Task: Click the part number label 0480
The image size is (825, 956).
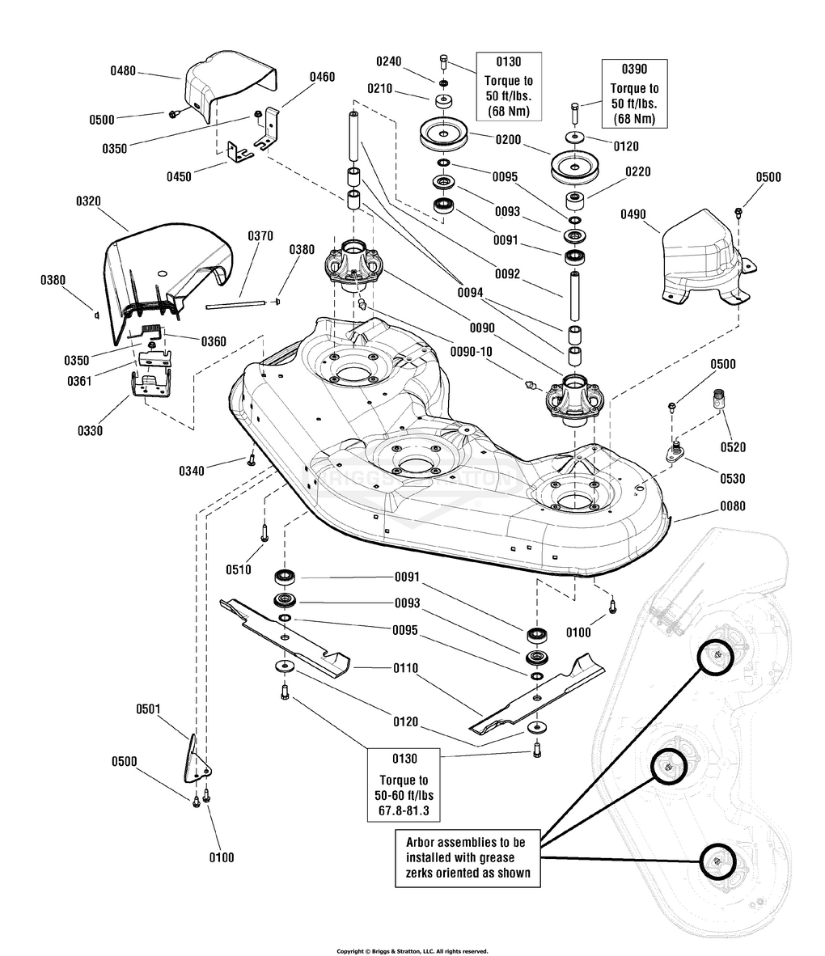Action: tap(123, 71)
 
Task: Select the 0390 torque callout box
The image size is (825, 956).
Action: tap(634, 93)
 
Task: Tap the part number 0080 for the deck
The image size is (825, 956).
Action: tap(732, 506)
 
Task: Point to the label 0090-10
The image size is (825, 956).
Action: tap(472, 352)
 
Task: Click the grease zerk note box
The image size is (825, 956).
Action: tap(467, 858)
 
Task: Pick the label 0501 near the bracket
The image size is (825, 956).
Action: tap(148, 709)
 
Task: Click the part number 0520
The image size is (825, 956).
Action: tap(733, 447)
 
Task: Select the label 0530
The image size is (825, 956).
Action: tap(732, 479)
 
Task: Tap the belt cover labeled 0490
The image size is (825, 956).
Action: tap(708, 259)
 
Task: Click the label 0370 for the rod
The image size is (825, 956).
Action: tap(260, 236)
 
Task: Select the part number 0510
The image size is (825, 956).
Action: tap(239, 569)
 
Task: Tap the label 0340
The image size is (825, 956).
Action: tap(192, 471)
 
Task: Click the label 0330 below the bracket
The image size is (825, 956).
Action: tap(90, 431)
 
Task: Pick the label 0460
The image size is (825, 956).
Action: tap(322, 77)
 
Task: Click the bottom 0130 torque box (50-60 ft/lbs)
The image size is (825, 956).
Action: tap(404, 785)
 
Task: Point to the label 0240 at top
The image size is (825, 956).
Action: tap(388, 61)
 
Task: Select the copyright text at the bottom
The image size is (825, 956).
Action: tap(412, 951)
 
